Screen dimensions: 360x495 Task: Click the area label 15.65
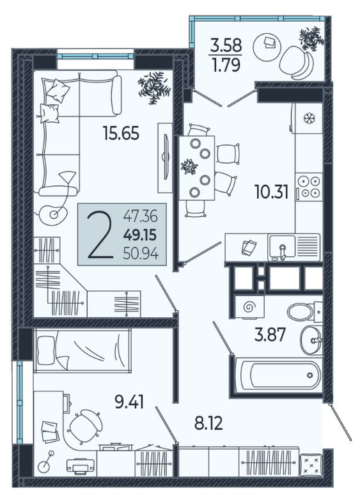[121, 133]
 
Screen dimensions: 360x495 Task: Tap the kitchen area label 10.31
[271, 192]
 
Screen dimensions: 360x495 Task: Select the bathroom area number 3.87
[270, 334]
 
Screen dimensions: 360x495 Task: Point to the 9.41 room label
[129, 402]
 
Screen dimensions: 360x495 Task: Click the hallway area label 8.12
[208, 423]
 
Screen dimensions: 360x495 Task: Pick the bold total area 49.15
[140, 235]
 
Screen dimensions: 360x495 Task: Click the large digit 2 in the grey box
[100, 235]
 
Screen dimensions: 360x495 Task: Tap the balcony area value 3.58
[226, 45]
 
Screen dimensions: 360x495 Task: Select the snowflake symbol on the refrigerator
[309, 118]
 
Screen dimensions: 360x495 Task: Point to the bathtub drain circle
[310, 375]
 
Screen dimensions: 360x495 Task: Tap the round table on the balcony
[267, 46]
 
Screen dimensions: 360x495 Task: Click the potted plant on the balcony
[312, 39]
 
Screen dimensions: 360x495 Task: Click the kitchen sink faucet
[283, 251]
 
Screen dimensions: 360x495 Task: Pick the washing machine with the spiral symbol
[249, 306]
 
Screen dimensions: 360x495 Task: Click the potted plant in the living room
[155, 88]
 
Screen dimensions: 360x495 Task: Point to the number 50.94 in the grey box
[141, 253]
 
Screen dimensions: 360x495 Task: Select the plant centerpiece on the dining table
[189, 166]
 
